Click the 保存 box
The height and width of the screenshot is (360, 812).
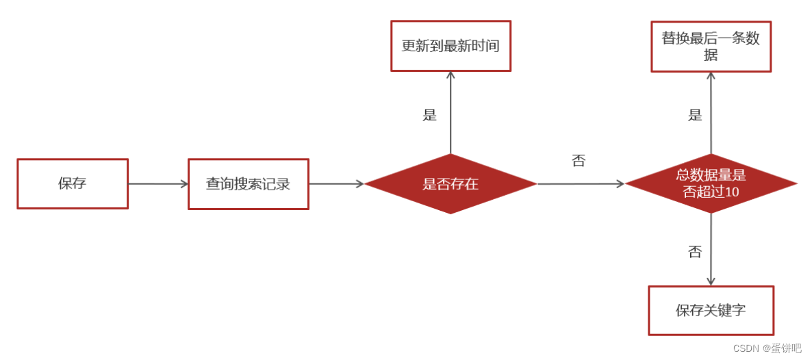click(73, 183)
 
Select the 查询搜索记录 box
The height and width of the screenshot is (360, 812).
click(248, 184)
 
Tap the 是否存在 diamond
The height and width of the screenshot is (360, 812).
click(451, 183)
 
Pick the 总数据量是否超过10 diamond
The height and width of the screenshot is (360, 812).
click(711, 183)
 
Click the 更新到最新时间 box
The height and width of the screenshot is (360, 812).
click(451, 46)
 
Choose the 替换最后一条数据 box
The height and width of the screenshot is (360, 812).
click(711, 47)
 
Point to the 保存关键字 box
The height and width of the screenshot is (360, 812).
click(711, 311)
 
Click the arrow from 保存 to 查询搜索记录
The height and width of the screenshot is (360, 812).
click(157, 183)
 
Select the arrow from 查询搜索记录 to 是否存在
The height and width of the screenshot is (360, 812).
click(335, 183)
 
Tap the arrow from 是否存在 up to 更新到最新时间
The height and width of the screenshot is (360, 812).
click(451, 113)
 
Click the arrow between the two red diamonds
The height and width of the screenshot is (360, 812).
click(581, 183)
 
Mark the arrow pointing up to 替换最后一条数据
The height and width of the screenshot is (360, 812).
click(711, 113)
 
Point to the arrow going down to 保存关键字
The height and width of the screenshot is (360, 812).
click(711, 249)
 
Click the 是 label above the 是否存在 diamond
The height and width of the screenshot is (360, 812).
click(429, 115)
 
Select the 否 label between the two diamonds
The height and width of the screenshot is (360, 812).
click(579, 161)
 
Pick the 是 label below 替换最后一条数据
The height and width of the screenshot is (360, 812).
click(695, 115)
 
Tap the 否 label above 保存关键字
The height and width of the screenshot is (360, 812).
click(695, 252)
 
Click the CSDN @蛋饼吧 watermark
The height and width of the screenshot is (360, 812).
click(767, 348)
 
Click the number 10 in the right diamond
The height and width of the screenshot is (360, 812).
click(732, 192)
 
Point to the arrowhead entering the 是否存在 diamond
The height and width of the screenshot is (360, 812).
click(359, 183)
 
